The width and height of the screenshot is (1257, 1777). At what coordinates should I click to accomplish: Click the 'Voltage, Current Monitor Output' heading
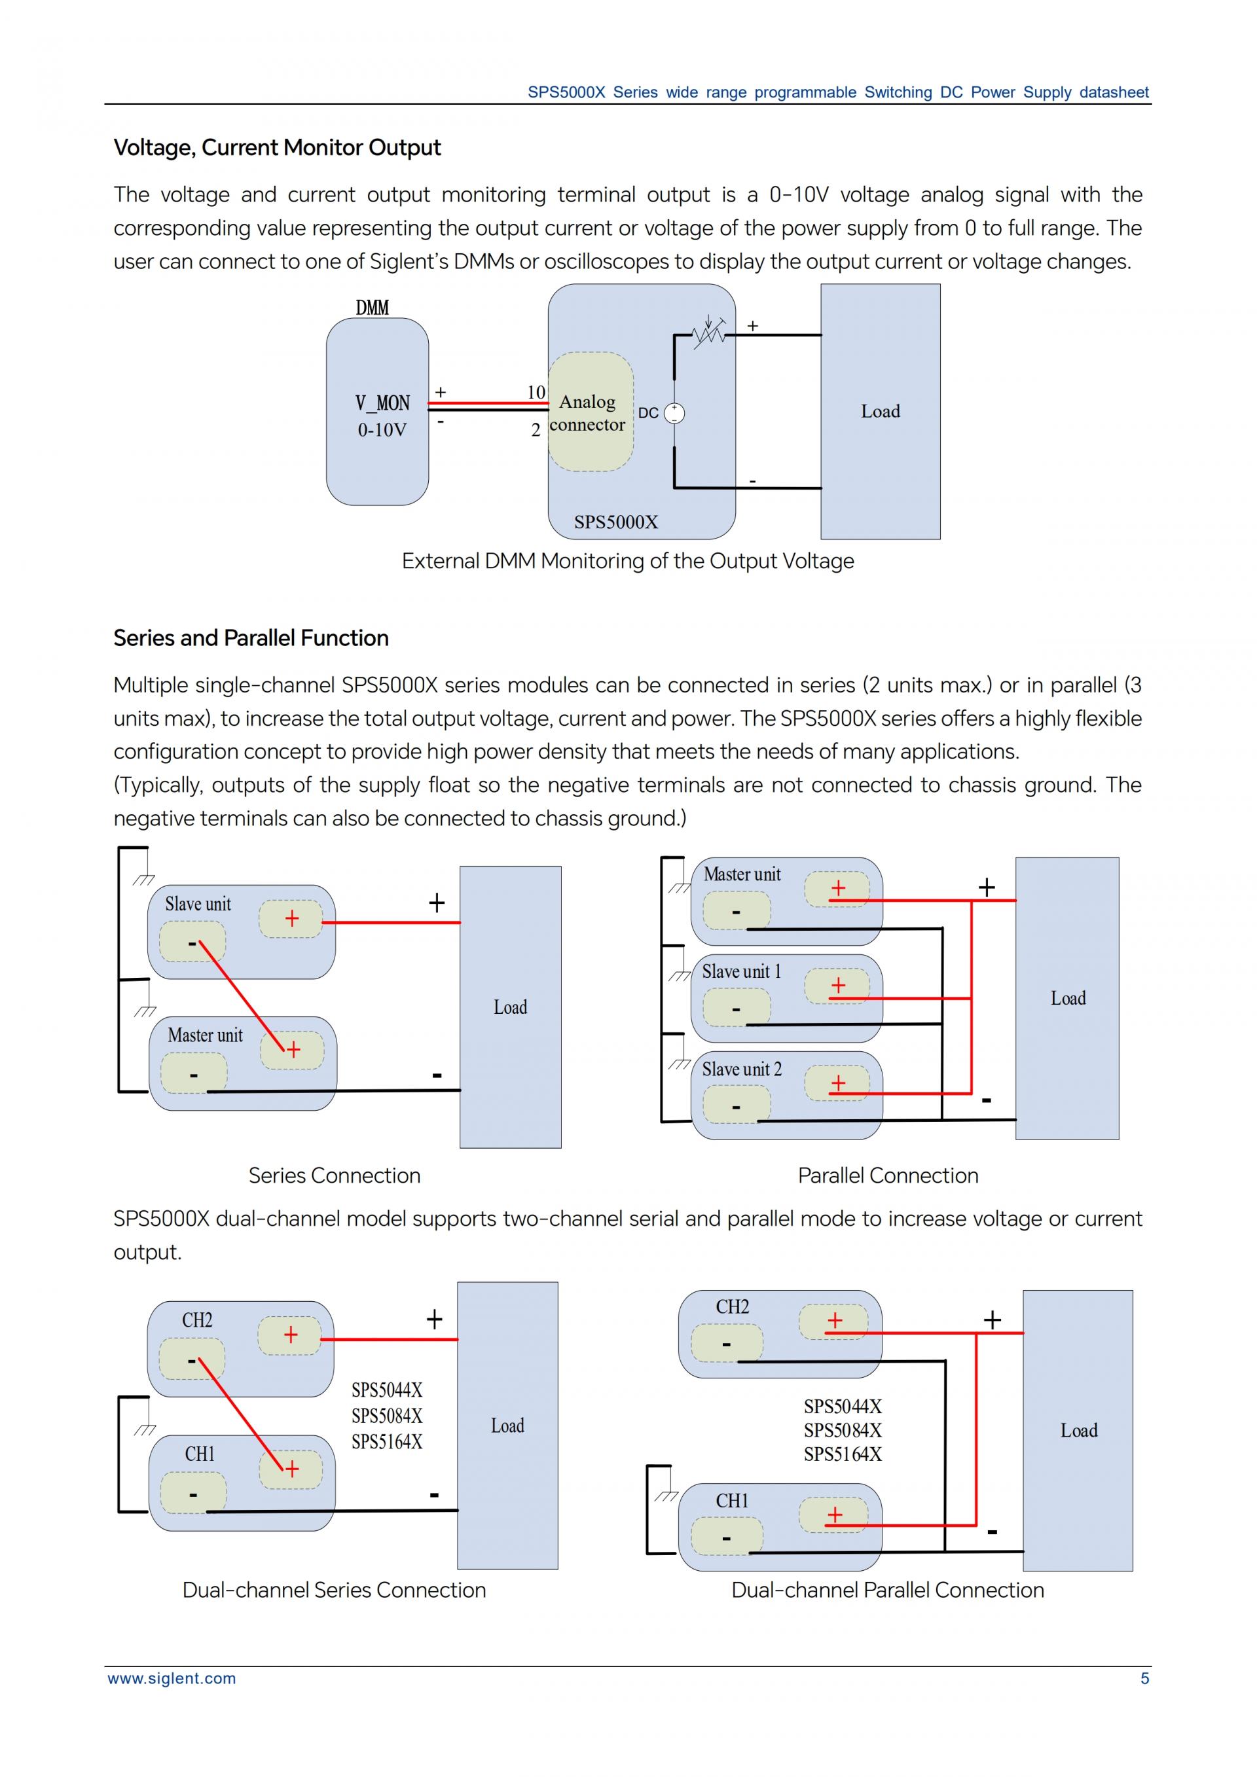277,148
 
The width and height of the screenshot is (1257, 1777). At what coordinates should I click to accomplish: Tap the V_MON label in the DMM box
382,403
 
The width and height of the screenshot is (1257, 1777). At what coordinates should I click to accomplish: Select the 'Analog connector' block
590,412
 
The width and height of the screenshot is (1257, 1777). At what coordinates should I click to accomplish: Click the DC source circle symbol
674,413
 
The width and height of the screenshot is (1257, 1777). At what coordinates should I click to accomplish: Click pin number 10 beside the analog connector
536,393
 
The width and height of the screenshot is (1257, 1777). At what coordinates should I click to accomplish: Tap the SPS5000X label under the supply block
615,522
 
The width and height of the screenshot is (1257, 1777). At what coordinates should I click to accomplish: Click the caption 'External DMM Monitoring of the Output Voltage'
628,561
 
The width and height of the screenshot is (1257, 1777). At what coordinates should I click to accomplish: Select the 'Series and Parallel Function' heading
251,639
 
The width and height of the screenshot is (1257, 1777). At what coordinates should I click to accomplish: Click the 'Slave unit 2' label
742,1069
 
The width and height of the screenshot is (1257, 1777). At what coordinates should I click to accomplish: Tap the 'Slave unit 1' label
742,972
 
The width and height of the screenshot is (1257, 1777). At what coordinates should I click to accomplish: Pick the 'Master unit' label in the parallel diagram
742,874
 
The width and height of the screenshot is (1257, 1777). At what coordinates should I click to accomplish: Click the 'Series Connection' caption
335,1176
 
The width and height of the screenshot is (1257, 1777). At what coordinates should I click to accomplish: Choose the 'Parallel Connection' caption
888,1176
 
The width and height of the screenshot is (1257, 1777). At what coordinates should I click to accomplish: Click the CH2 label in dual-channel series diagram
197,1320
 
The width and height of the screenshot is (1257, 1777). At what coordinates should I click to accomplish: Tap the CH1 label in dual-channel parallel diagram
731,1501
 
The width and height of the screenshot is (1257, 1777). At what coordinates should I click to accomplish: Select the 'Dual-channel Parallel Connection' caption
888,1590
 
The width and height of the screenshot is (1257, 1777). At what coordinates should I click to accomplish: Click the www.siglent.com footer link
172,1679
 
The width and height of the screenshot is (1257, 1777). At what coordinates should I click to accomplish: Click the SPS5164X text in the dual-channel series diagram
387,1442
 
